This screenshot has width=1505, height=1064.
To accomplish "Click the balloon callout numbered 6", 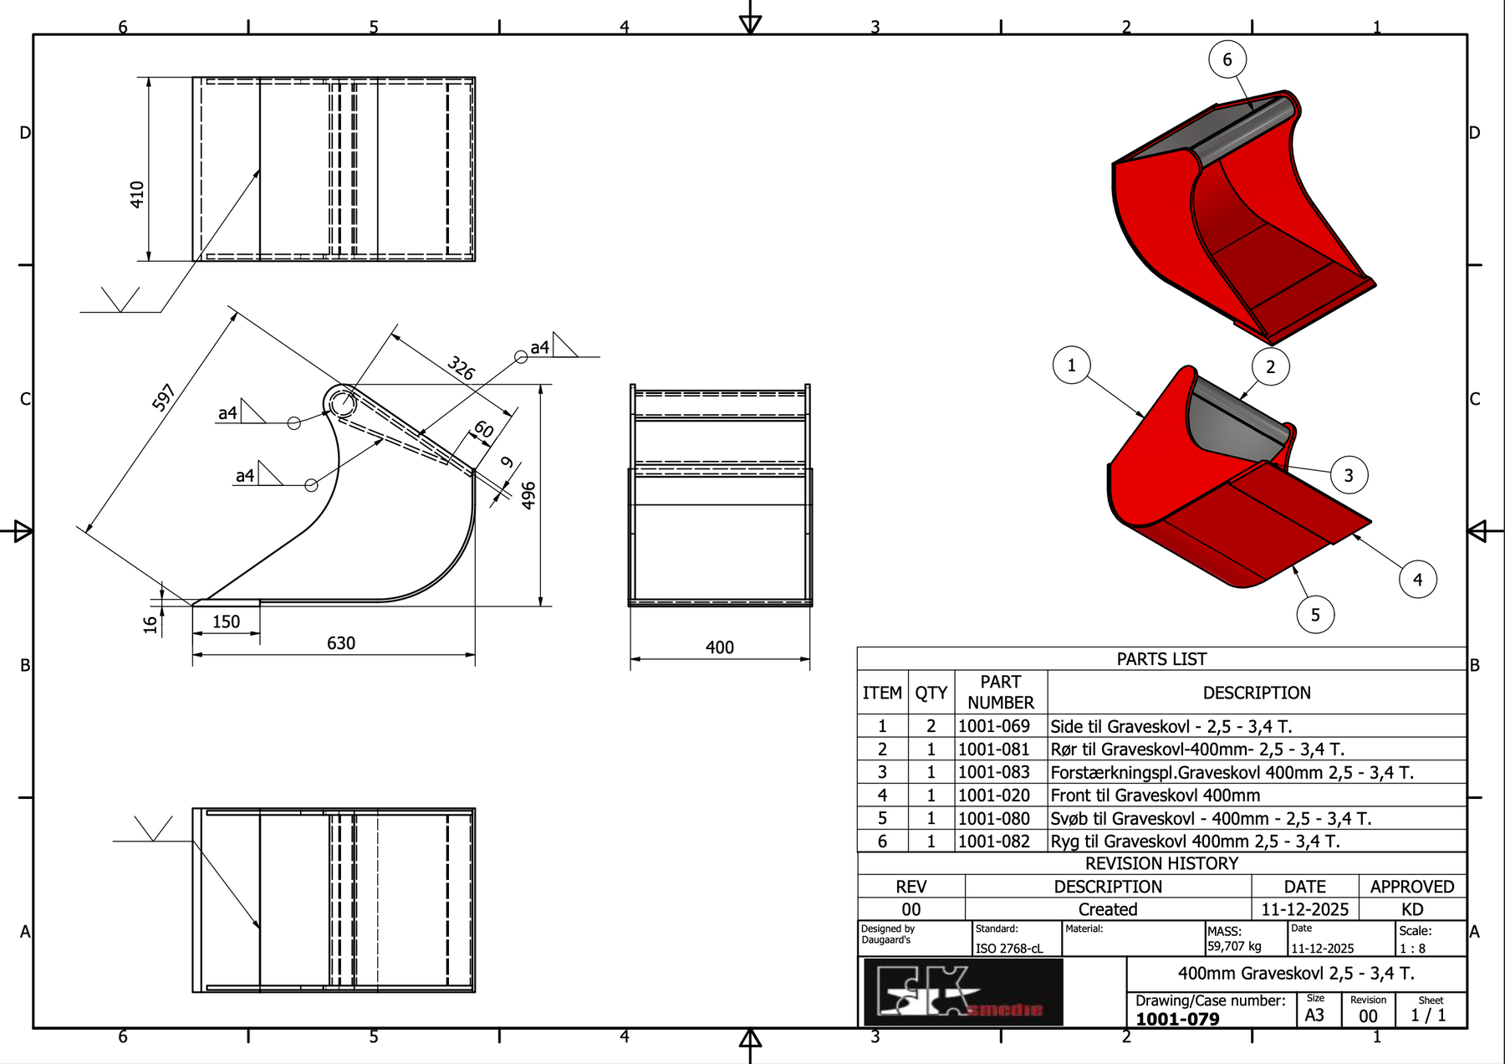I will (x=1227, y=59).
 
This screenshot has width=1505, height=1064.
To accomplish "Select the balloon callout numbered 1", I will (x=1071, y=365).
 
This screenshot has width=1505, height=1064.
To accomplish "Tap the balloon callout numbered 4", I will (x=1417, y=579).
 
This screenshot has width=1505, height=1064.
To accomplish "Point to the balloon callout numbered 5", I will (x=1314, y=615).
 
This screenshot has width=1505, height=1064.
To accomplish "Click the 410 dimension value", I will (x=137, y=194).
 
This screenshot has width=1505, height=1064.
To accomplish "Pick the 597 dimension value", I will (x=164, y=396).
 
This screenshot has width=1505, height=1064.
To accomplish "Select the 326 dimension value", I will (x=461, y=367).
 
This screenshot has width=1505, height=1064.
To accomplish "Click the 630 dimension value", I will (x=341, y=643).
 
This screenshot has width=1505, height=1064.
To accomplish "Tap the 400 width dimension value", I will (x=719, y=647).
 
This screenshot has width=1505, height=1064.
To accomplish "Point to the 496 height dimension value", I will (x=528, y=495).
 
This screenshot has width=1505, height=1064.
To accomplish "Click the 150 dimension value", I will (x=226, y=622).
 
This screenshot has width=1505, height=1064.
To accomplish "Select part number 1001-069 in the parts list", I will (x=993, y=726).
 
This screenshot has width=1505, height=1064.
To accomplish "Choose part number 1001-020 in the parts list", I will (x=993, y=795).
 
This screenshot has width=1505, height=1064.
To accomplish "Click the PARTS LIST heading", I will (x=1161, y=659).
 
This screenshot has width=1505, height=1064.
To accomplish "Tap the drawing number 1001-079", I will (x=1177, y=1019).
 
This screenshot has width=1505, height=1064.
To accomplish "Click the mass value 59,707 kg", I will (x=1234, y=946).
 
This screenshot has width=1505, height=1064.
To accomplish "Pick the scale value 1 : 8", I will (x=1412, y=949).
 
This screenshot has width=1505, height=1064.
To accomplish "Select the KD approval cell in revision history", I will (x=1412, y=909).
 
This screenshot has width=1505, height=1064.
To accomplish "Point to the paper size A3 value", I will (x=1314, y=1015).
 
